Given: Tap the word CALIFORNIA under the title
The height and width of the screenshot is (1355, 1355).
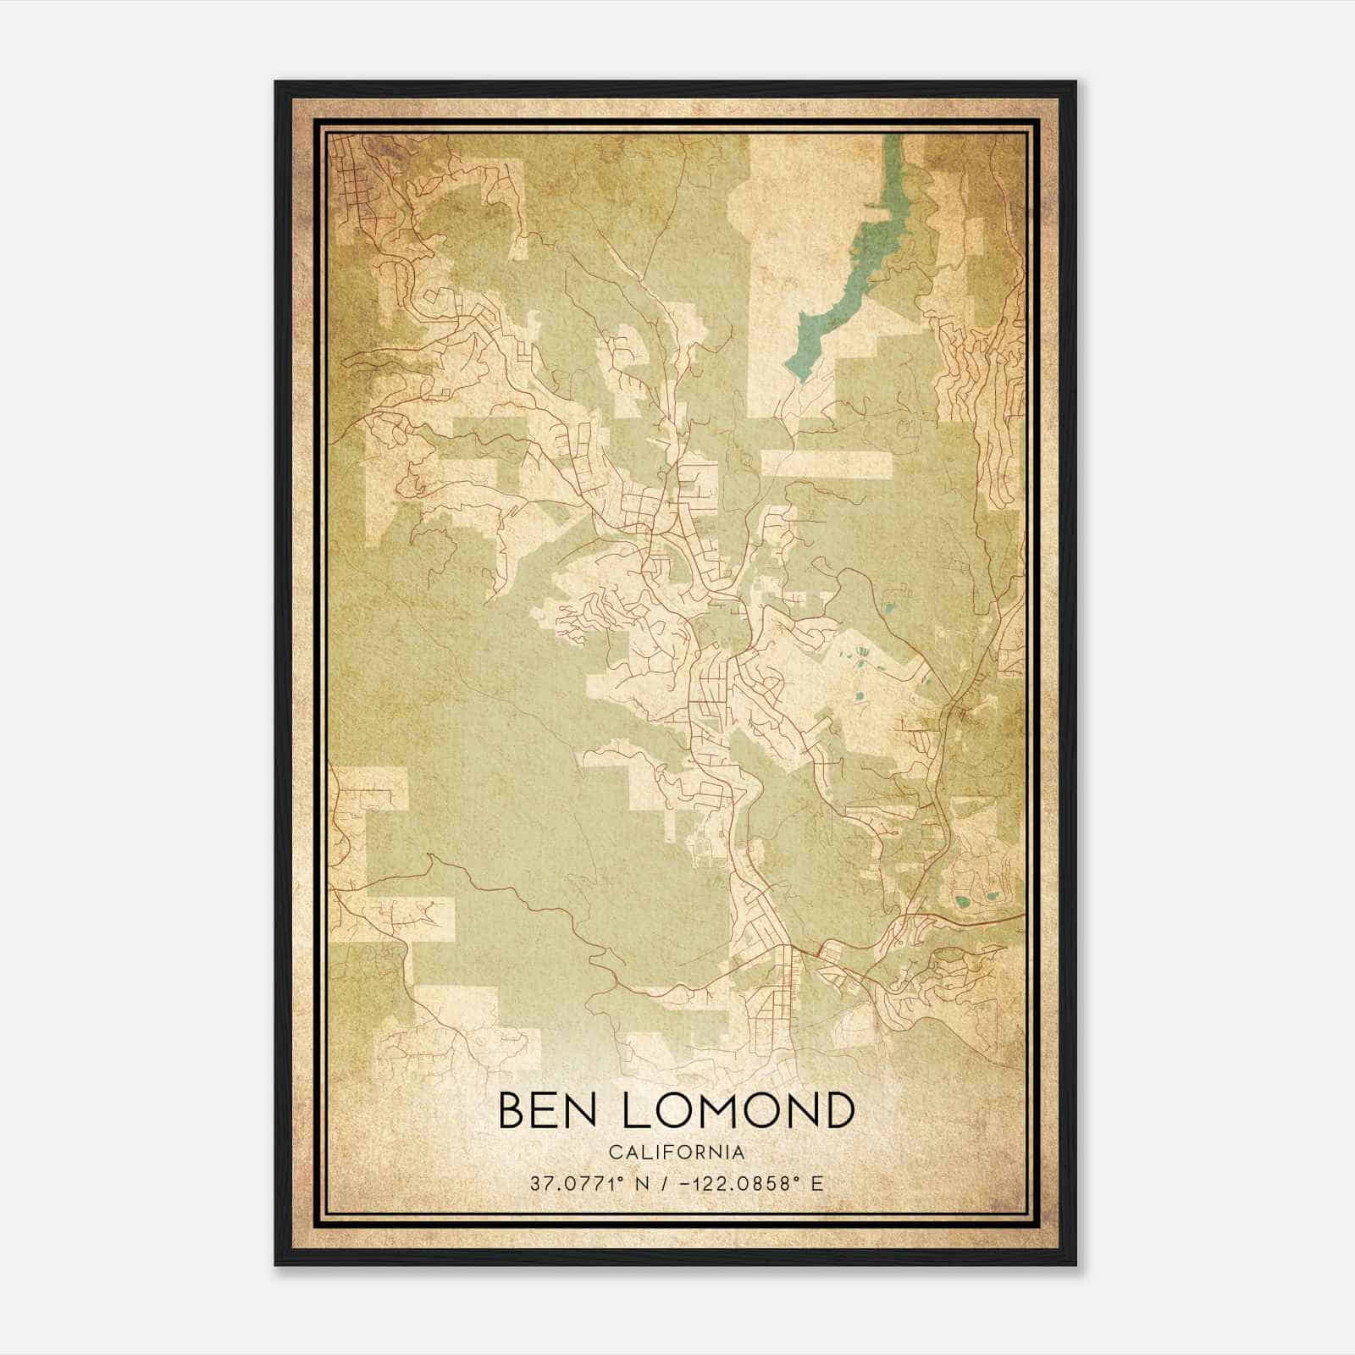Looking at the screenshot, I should tap(677, 1153).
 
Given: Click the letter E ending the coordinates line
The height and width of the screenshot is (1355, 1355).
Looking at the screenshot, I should tap(816, 1184).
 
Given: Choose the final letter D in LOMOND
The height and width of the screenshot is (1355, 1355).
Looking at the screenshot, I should tap(838, 1110).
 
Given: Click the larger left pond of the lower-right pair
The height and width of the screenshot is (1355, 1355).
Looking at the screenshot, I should tap(961, 901).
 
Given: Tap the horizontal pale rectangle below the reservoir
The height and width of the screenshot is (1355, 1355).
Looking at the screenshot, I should tap(827, 463).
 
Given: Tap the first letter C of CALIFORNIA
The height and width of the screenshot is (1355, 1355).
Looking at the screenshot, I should tap(614, 1153).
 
